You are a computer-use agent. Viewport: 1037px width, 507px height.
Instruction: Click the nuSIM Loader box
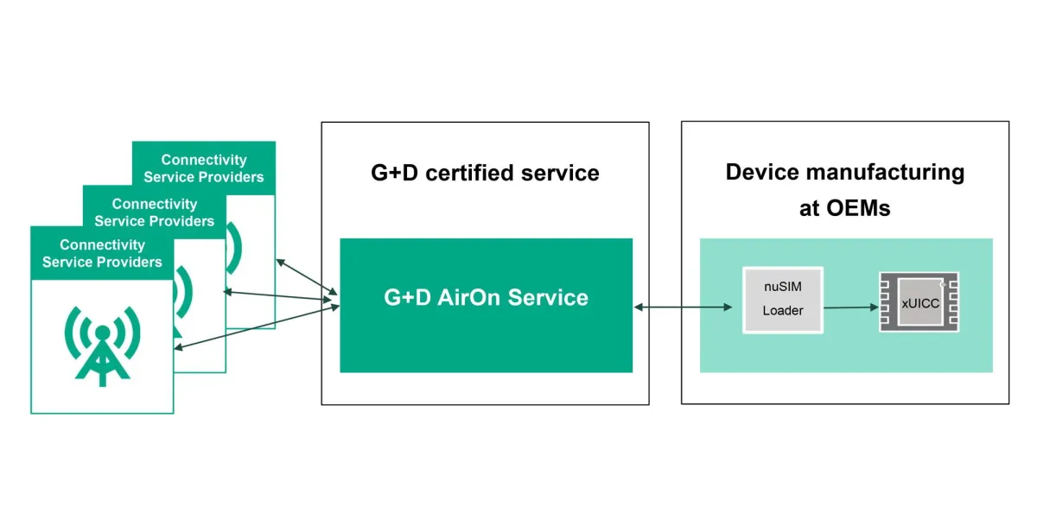click(782, 300)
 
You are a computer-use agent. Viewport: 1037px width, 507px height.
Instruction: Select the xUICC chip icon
click(919, 302)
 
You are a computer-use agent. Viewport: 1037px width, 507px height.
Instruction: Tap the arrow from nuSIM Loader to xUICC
click(850, 307)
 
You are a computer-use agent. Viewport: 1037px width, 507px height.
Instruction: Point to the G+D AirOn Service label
click(486, 297)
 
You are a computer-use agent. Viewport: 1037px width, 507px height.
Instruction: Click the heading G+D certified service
click(485, 173)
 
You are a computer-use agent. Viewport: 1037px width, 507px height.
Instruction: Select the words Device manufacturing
click(844, 172)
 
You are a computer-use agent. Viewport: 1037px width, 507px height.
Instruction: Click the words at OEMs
click(844, 208)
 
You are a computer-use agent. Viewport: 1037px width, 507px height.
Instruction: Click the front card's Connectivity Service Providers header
click(102, 253)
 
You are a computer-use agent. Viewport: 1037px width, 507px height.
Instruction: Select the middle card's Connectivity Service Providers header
click(155, 212)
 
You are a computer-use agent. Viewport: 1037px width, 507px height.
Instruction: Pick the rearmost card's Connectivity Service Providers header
click(204, 168)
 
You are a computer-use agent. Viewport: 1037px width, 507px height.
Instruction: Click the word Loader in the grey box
click(782, 310)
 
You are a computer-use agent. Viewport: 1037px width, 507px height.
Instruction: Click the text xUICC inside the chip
click(919, 303)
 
